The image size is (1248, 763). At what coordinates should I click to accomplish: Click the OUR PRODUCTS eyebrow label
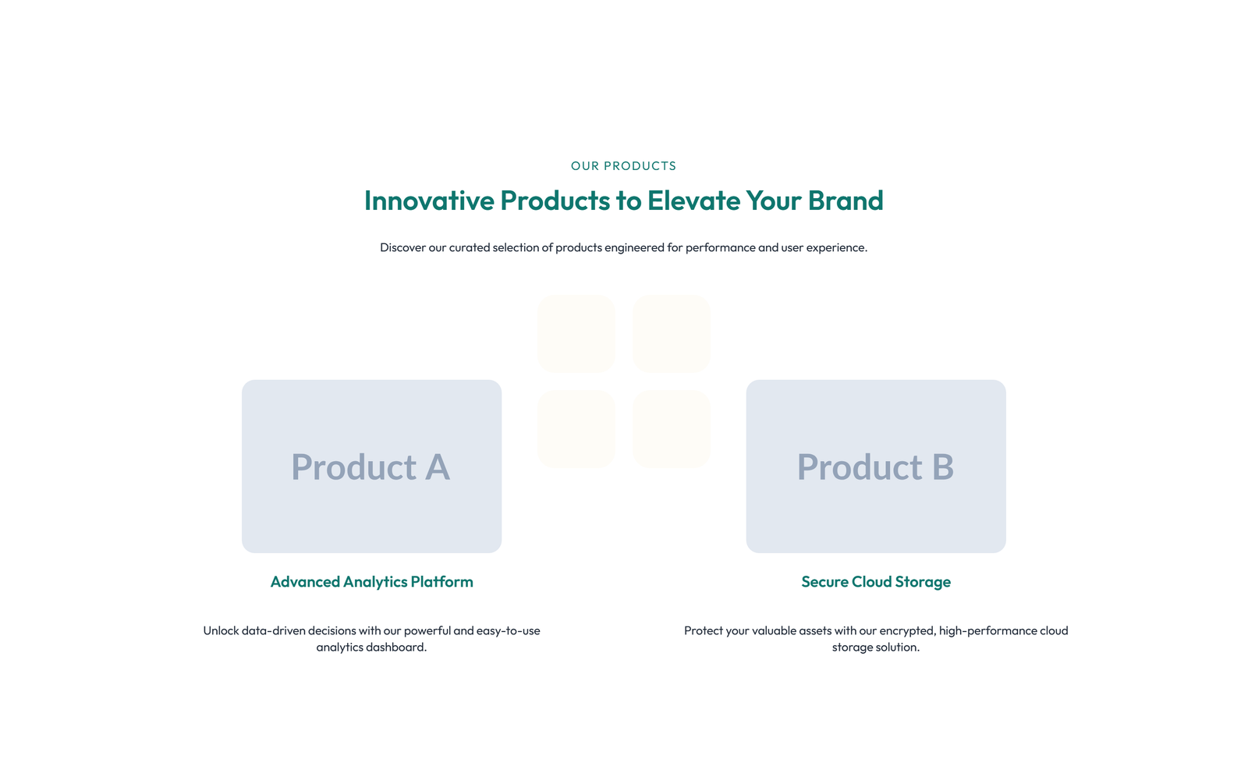click(623, 165)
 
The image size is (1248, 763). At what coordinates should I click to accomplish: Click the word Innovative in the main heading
click(429, 201)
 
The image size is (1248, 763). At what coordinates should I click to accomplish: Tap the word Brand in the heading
click(846, 201)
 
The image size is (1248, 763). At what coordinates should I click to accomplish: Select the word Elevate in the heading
click(693, 201)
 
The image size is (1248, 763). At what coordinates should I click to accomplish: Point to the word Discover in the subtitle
click(402, 247)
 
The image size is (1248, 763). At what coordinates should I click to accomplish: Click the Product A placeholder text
click(370, 467)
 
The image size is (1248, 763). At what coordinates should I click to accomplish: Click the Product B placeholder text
click(875, 467)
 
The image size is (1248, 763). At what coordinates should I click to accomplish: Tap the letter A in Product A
click(438, 467)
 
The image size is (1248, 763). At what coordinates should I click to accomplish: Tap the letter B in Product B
click(943, 467)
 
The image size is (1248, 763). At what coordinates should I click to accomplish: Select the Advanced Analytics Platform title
click(371, 582)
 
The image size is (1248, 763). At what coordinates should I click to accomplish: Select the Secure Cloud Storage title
click(876, 582)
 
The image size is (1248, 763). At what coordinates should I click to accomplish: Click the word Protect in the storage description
click(703, 630)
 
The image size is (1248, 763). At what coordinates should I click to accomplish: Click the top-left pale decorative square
click(576, 334)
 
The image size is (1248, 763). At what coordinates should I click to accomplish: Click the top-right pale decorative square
click(672, 334)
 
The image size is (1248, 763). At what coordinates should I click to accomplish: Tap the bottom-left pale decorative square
click(576, 428)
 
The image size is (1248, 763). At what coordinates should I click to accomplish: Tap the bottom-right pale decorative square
click(672, 428)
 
